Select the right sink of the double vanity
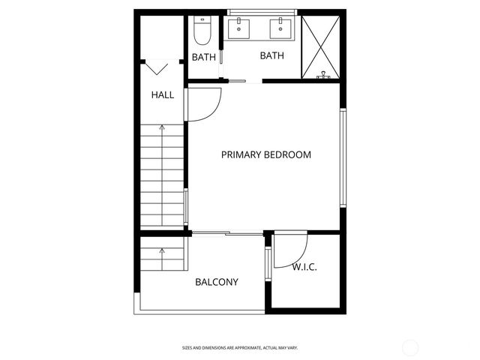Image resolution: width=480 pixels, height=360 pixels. (281, 28)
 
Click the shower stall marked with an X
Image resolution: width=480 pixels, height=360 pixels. (321, 45)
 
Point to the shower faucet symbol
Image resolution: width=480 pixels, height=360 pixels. (324, 75)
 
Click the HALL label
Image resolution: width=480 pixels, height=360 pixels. (162, 95)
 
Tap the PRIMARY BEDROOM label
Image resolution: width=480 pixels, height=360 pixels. (265, 155)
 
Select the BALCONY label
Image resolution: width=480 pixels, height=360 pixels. (216, 283)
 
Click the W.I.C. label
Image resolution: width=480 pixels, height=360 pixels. (304, 266)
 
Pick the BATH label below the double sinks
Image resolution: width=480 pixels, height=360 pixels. (271, 55)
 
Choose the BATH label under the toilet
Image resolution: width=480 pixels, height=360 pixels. (203, 57)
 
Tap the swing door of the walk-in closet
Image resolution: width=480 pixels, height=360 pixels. (291, 251)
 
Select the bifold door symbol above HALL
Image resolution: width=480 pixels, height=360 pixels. (157, 68)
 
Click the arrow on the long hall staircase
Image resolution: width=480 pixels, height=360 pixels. (161, 129)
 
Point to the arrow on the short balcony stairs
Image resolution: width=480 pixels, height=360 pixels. (161, 251)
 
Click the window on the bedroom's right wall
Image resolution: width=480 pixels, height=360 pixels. (343, 157)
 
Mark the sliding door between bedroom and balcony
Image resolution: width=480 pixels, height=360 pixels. (227, 234)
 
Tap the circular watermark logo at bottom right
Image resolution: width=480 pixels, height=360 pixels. (410, 347)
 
